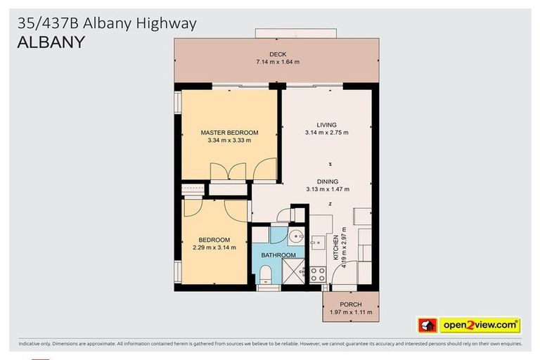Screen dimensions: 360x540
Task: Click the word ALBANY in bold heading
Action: pos(51,42)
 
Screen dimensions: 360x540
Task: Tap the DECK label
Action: pos(277,55)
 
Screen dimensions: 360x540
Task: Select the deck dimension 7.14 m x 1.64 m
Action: pos(277,63)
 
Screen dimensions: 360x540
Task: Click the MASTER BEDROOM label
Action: pos(229,132)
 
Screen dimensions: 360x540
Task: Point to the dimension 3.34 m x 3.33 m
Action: pos(229,140)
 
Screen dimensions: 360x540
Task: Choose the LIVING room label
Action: pos(327,125)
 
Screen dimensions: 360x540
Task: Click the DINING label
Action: pos(327,181)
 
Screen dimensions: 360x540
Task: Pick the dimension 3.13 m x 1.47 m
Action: pos(327,189)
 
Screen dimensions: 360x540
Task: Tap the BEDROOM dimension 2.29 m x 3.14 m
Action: pos(214,247)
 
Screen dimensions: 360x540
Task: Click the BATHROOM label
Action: pos(278,255)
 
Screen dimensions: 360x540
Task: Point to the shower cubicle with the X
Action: pos(293,270)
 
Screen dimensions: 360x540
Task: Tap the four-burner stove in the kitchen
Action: pos(318,274)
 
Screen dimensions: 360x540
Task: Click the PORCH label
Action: pos(350,304)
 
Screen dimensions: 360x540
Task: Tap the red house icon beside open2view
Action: pos(427,326)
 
